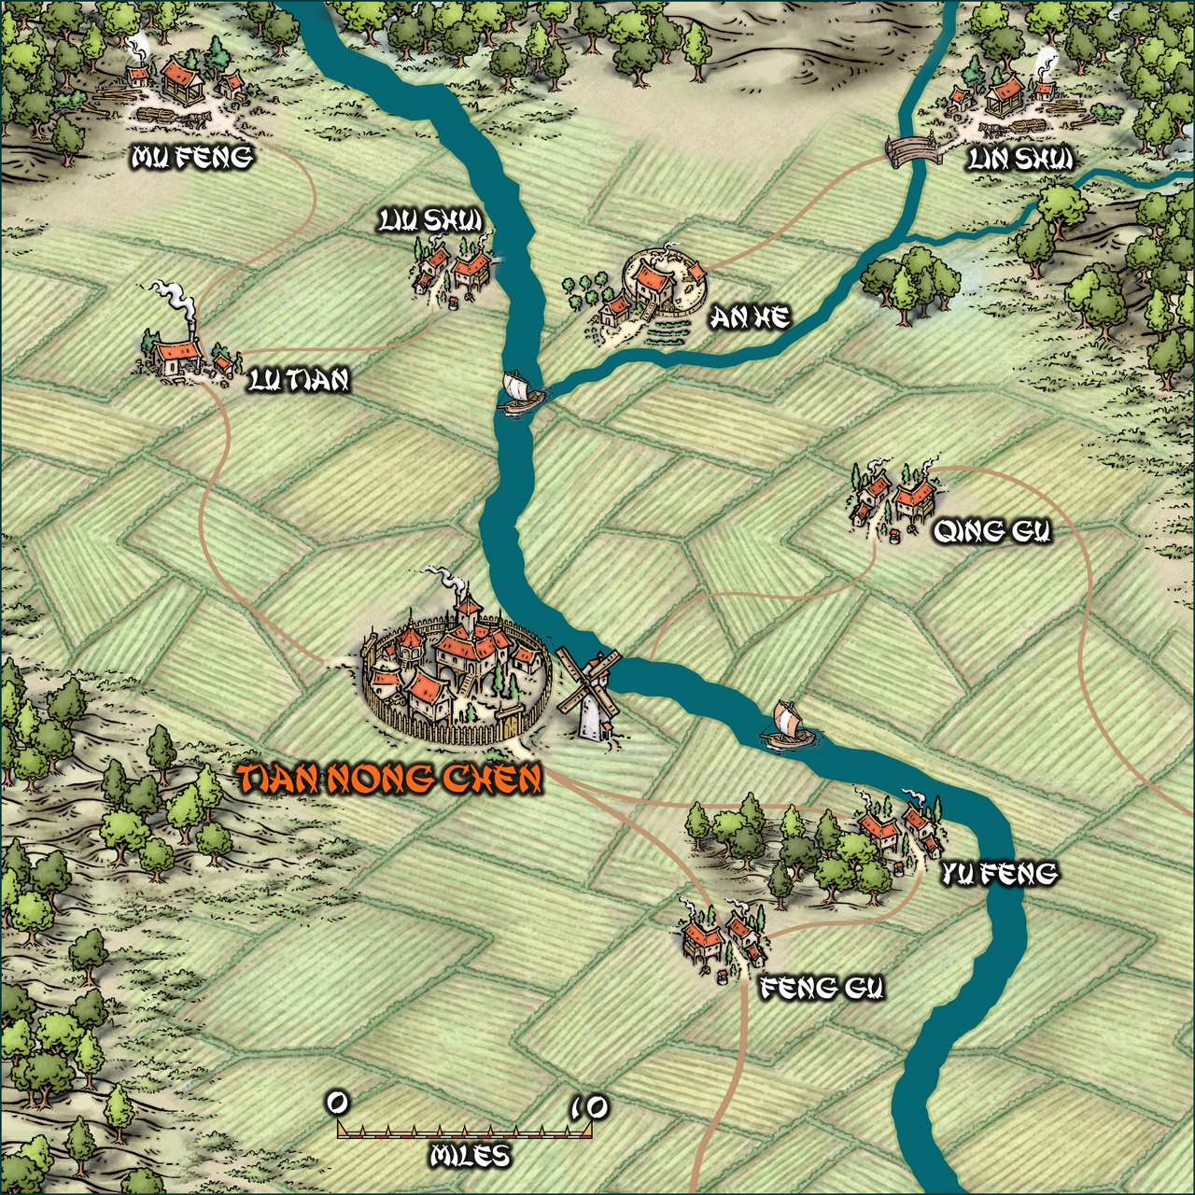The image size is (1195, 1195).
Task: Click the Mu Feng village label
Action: click(x=192, y=158)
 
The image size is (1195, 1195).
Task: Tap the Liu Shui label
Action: click(x=430, y=220)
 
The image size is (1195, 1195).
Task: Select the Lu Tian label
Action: click(x=300, y=380)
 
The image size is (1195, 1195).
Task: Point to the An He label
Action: click(x=750, y=318)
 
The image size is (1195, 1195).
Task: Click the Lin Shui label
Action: click(x=1019, y=160)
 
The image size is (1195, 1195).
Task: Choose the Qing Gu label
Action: click(x=992, y=531)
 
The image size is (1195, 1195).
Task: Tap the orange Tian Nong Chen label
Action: click(x=389, y=779)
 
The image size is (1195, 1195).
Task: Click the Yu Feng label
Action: click(x=999, y=873)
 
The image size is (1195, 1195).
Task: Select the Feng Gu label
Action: click(x=822, y=988)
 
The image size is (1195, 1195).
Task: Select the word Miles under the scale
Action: click(x=471, y=1156)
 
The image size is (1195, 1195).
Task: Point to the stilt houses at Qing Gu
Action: click(x=893, y=495)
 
